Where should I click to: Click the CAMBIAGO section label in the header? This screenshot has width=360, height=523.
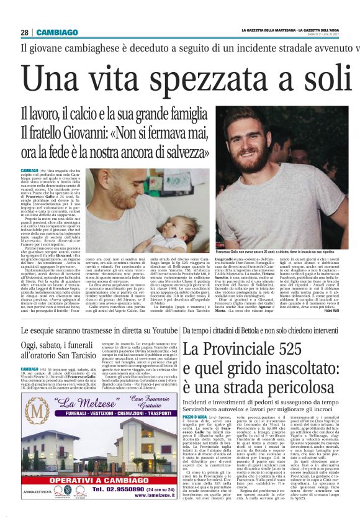(x=56, y=32)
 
